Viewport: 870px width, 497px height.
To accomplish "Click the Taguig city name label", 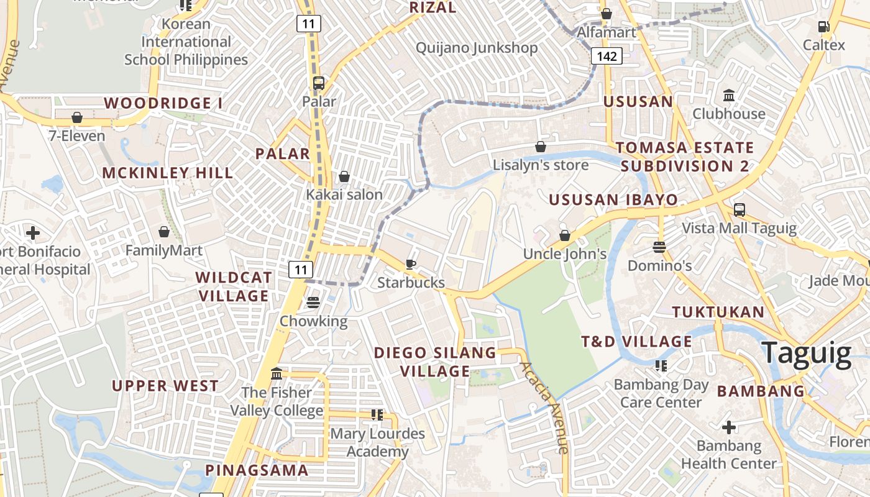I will pos(806,353).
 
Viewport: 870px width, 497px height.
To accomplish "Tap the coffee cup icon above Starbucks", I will pos(410,264).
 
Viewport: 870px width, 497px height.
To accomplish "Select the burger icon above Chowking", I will pos(313,303).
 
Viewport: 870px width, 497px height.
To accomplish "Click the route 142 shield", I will pos(606,56).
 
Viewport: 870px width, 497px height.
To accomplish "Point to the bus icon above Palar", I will pos(319,83).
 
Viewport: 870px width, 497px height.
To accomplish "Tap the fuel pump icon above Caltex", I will pos(823,26).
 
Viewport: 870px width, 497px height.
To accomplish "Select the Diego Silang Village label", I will pos(435,362).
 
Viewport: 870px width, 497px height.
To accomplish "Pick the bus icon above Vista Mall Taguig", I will pos(739,209).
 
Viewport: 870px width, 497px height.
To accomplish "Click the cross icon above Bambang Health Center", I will pos(729,427).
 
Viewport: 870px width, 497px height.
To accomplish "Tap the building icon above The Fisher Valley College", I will pos(277,374).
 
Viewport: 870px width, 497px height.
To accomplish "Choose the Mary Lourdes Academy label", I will pos(377,442).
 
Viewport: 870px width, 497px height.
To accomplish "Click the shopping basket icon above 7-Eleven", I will pos(77,117).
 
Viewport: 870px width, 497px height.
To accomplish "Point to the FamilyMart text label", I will pos(164,250).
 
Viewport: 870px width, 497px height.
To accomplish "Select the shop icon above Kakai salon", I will pos(344,176).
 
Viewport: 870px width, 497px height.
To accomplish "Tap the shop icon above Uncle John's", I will pos(565,235).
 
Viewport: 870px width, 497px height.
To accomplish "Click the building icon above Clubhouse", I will pos(729,96).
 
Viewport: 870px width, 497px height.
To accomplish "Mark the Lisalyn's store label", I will pos(541,165).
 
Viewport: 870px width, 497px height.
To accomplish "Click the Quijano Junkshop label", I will pos(477,48).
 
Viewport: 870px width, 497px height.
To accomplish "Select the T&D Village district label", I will pos(636,341).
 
